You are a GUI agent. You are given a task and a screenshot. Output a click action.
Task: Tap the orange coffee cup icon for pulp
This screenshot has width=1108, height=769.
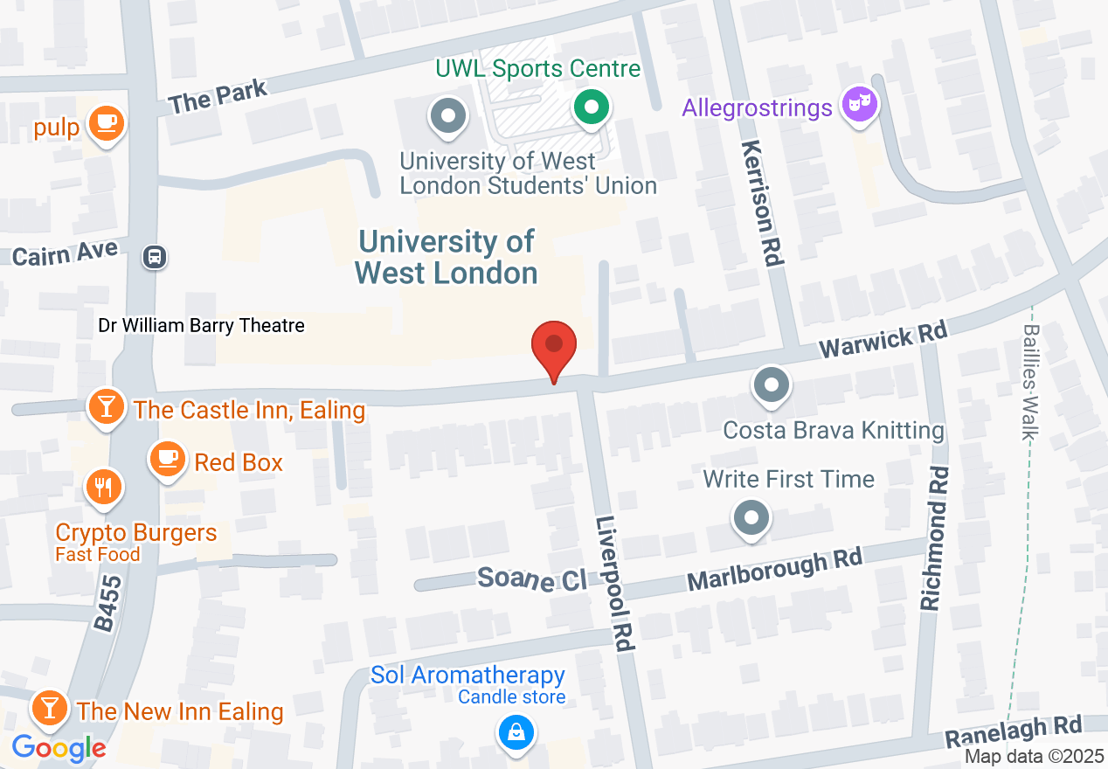(106, 124)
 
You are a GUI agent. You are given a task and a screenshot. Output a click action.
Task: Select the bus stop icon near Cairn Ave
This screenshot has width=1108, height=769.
(155, 257)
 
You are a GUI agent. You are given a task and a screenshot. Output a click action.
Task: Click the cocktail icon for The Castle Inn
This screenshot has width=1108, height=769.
(107, 406)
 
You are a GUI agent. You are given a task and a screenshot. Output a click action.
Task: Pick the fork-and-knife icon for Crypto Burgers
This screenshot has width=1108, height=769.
(104, 488)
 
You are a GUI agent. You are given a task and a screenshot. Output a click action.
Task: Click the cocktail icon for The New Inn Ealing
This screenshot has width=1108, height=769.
(50, 706)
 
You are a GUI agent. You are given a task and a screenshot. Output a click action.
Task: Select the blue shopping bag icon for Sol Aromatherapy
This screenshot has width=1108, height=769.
(516, 731)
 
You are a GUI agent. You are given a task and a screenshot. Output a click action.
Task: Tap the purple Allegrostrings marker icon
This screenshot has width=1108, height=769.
(859, 105)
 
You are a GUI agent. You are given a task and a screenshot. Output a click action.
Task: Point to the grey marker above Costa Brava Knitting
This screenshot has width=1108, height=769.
(772, 384)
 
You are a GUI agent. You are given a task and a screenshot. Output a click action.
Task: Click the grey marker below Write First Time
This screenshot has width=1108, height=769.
(751, 517)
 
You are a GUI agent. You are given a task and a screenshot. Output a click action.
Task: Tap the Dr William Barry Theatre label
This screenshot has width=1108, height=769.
(201, 326)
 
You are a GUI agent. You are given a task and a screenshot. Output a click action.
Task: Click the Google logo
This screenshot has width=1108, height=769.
(59, 748)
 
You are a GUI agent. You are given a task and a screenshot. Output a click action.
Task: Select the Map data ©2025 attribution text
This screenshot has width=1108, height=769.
(1034, 757)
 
